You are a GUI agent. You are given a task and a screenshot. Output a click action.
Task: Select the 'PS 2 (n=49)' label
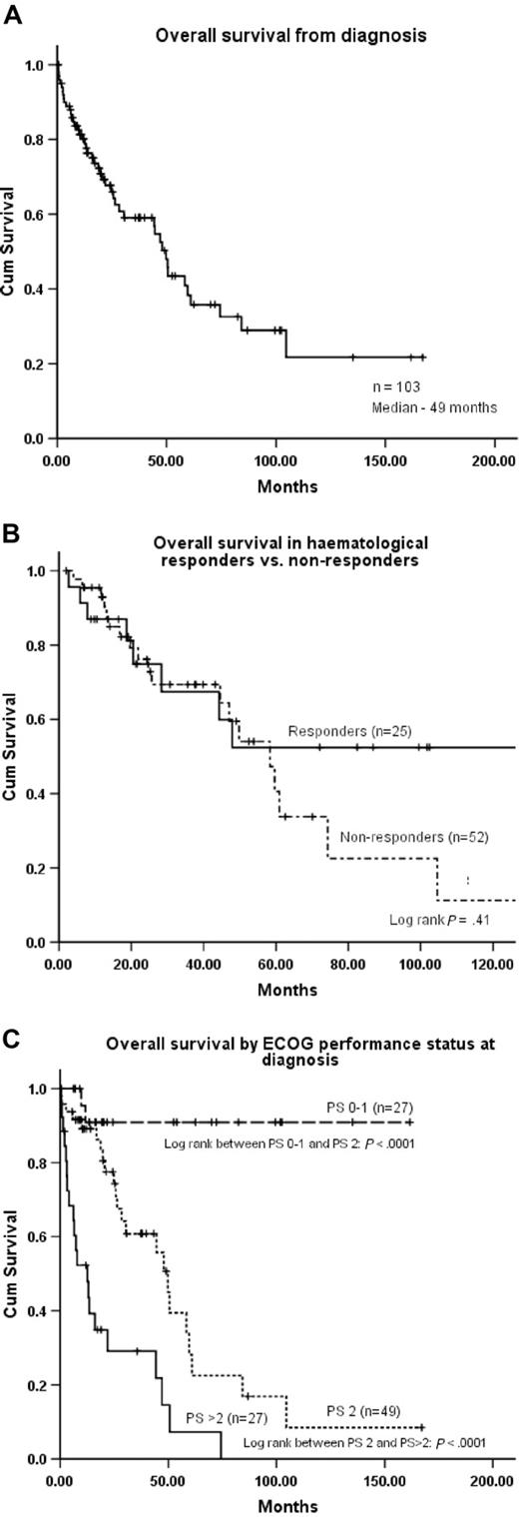(360, 1411)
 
